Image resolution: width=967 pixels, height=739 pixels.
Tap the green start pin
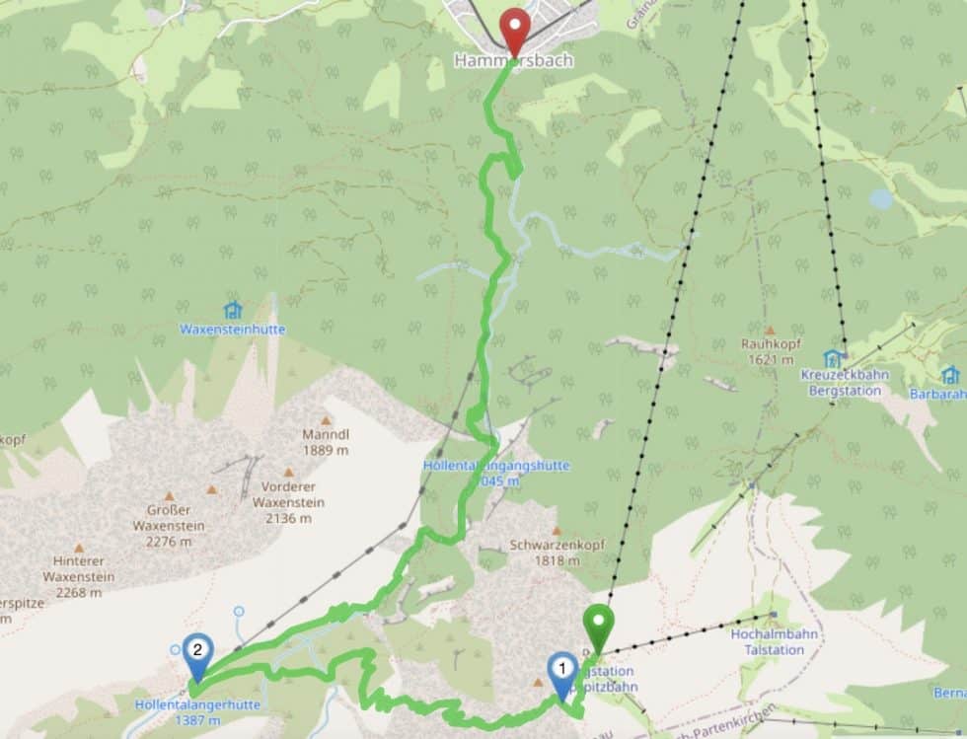(x=598, y=628)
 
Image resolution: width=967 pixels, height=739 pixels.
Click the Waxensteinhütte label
(x=232, y=330)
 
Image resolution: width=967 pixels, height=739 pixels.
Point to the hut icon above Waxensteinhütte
(x=232, y=310)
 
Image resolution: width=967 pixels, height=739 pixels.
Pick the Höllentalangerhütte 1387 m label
(x=197, y=712)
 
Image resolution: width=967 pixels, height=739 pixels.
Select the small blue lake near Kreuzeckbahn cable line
(x=881, y=199)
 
